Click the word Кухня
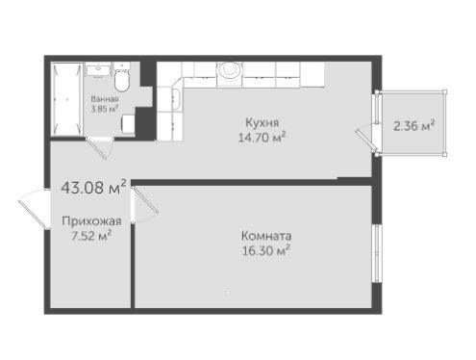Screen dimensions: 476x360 262,122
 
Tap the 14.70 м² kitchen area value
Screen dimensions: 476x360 262,138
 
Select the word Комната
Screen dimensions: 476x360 266,236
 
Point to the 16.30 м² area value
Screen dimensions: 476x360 266,250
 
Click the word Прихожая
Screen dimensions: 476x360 91,221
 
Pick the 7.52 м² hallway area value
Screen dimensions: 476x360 91,236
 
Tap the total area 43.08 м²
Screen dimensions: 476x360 93,187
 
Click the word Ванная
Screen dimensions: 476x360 105,99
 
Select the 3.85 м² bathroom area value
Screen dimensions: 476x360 105,109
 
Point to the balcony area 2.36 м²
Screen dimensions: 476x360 413,125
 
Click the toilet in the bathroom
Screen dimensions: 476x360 121,77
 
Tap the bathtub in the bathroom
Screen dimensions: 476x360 67,99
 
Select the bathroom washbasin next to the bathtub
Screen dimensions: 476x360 98,70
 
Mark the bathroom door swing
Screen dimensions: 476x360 100,148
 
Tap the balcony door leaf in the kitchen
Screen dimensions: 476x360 366,141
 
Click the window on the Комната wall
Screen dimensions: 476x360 377,253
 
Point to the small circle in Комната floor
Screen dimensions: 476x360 228,293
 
